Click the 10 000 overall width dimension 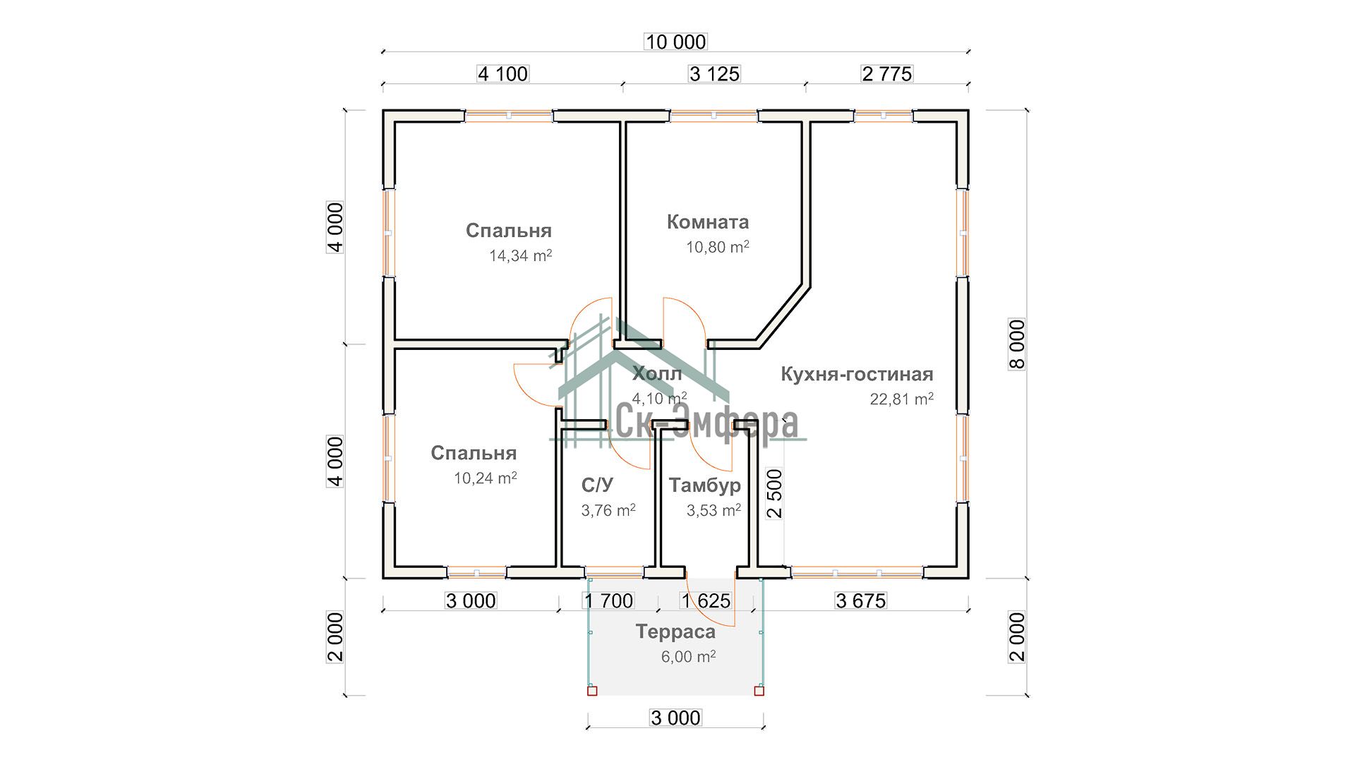click(676, 42)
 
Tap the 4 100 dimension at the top click(502, 74)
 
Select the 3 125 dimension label click(714, 74)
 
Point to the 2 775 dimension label click(887, 74)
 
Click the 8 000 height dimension click(1017, 344)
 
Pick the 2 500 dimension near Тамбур click(775, 494)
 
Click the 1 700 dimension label click(608, 601)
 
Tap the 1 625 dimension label click(706, 601)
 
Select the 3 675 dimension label click(860, 601)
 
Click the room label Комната click(708, 222)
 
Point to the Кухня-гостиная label click(857, 374)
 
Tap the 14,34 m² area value click(521, 255)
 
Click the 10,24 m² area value click(486, 478)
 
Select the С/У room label click(597, 485)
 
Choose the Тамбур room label click(705, 485)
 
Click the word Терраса click(675, 632)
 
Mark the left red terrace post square click(592, 691)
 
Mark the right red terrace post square click(759, 691)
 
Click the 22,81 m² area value click(902, 399)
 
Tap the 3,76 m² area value click(608, 510)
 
